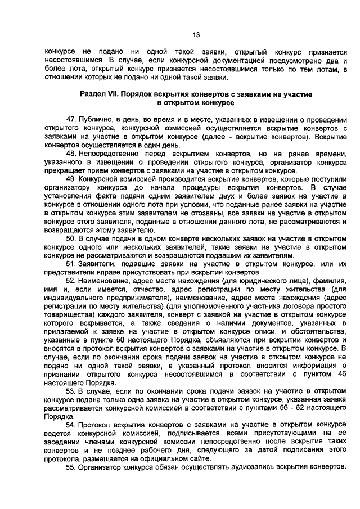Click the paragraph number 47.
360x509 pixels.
[x=71, y=120]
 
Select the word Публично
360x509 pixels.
[x=95, y=120]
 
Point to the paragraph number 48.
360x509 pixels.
[x=71, y=153]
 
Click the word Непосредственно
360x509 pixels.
[x=113, y=153]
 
